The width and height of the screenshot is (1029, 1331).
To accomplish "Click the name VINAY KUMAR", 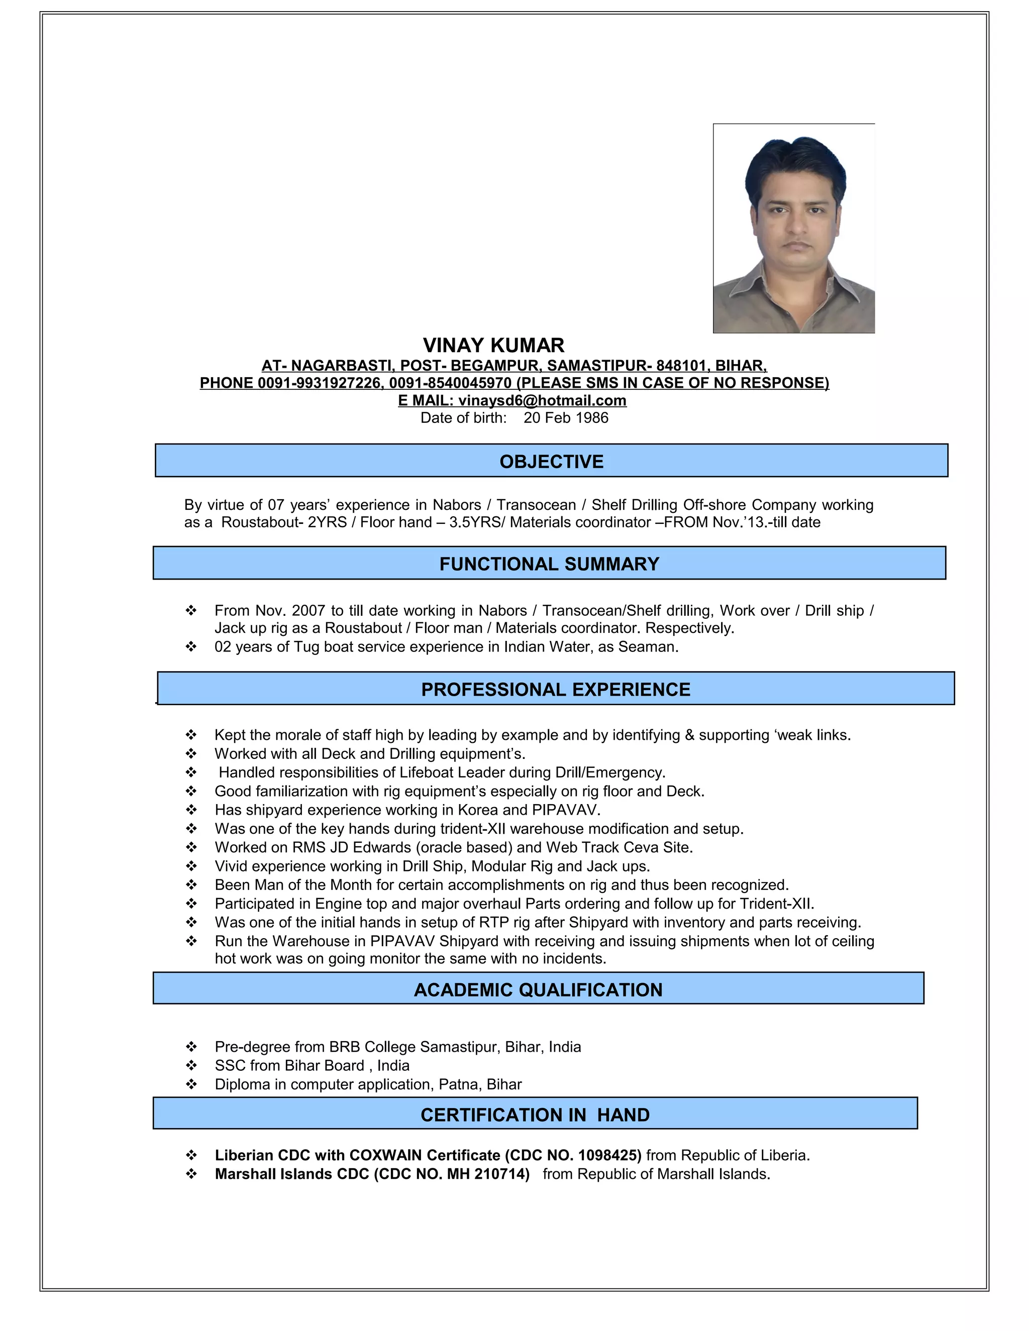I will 493,346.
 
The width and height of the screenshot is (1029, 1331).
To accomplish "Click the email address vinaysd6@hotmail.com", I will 542,400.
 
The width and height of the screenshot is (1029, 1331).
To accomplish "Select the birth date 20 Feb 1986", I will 565,417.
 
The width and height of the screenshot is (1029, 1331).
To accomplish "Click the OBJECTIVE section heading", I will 551,462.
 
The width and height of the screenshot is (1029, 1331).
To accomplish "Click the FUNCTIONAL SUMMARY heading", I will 549,564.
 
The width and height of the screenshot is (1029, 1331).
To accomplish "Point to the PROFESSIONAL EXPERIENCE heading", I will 555,689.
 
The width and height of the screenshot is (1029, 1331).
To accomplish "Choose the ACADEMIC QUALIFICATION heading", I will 538,990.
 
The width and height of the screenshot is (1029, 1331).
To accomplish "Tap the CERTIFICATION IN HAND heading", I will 535,1115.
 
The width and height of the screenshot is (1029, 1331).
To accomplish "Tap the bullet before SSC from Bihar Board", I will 191,1065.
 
